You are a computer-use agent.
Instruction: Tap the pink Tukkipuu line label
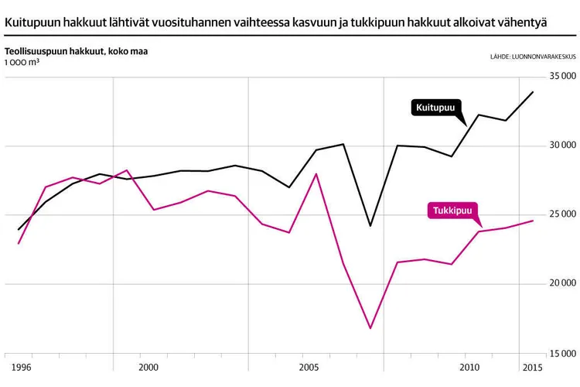point(452,211)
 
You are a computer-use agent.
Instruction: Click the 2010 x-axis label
point(468,366)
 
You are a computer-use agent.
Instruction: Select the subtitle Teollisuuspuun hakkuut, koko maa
point(76,52)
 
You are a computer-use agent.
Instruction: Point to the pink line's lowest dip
point(370,328)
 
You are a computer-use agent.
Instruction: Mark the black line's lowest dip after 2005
point(370,226)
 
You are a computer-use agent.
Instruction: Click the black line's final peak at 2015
point(533,92)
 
